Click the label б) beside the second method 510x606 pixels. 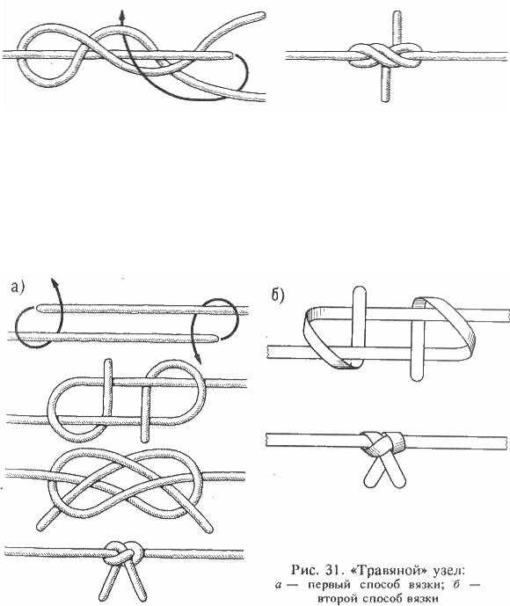277,296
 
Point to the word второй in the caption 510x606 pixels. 337,599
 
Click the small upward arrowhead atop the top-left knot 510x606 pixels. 122,15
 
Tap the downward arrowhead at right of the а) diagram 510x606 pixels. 198,361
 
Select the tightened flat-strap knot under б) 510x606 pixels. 382,443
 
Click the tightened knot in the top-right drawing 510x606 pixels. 385,57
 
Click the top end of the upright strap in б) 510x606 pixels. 359,290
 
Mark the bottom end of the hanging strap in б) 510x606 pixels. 417,376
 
